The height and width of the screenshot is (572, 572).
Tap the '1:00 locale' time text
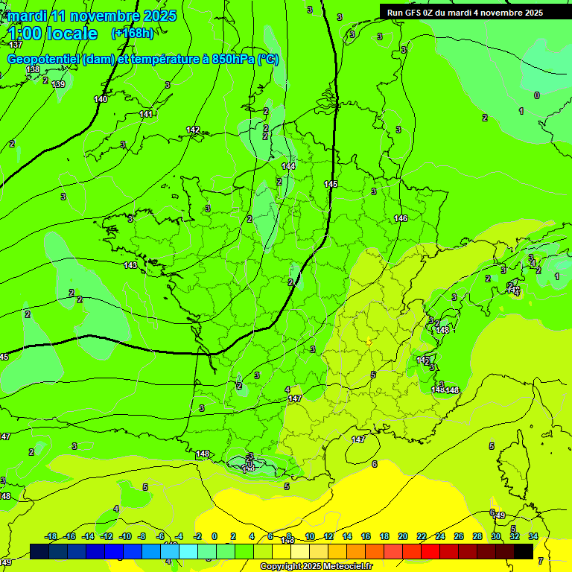tap(53, 34)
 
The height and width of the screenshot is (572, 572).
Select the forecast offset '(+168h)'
tap(133, 34)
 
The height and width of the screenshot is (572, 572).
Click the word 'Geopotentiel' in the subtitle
tap(44, 60)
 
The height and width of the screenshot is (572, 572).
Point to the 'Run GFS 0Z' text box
tap(465, 13)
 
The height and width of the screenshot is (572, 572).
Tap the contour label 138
tap(33, 69)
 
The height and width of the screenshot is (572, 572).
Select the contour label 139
tap(58, 84)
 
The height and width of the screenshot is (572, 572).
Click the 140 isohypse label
tap(101, 99)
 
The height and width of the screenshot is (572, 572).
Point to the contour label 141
tap(146, 114)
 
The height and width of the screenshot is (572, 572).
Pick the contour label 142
tap(193, 130)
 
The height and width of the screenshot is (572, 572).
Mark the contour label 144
tap(288, 166)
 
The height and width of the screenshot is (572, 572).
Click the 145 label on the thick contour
tap(331, 184)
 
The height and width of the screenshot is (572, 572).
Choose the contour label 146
tap(401, 218)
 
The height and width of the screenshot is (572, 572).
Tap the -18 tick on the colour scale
tap(51, 536)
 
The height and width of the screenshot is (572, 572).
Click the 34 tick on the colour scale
tap(533, 536)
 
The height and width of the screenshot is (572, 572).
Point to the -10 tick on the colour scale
tap(125, 536)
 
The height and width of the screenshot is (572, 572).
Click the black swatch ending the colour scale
tap(524, 551)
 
